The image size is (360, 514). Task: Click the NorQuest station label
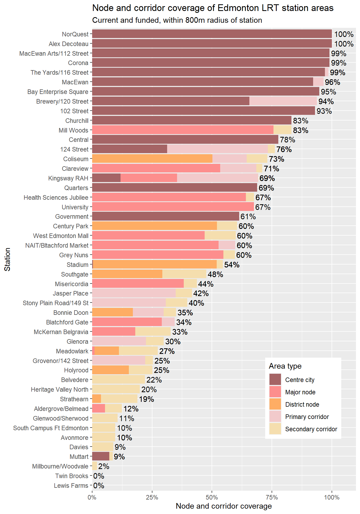point(75,34)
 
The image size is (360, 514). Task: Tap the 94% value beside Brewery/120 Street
point(326,101)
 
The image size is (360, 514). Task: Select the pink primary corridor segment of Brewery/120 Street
point(283,101)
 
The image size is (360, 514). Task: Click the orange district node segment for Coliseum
point(152,159)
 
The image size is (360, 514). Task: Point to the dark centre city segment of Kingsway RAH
point(106,178)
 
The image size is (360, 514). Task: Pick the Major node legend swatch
point(275,392)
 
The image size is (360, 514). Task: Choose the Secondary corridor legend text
point(311,429)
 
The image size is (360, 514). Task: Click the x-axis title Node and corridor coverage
point(224,506)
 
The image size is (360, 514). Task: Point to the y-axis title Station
point(7,259)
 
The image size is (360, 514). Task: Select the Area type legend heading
point(285,366)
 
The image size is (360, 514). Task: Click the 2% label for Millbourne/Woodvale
point(104,466)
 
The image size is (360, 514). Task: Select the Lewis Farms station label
point(71,486)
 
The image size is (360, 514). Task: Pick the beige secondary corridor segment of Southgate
point(184,274)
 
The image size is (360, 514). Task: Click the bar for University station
point(173,207)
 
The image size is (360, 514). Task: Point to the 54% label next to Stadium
point(232,265)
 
